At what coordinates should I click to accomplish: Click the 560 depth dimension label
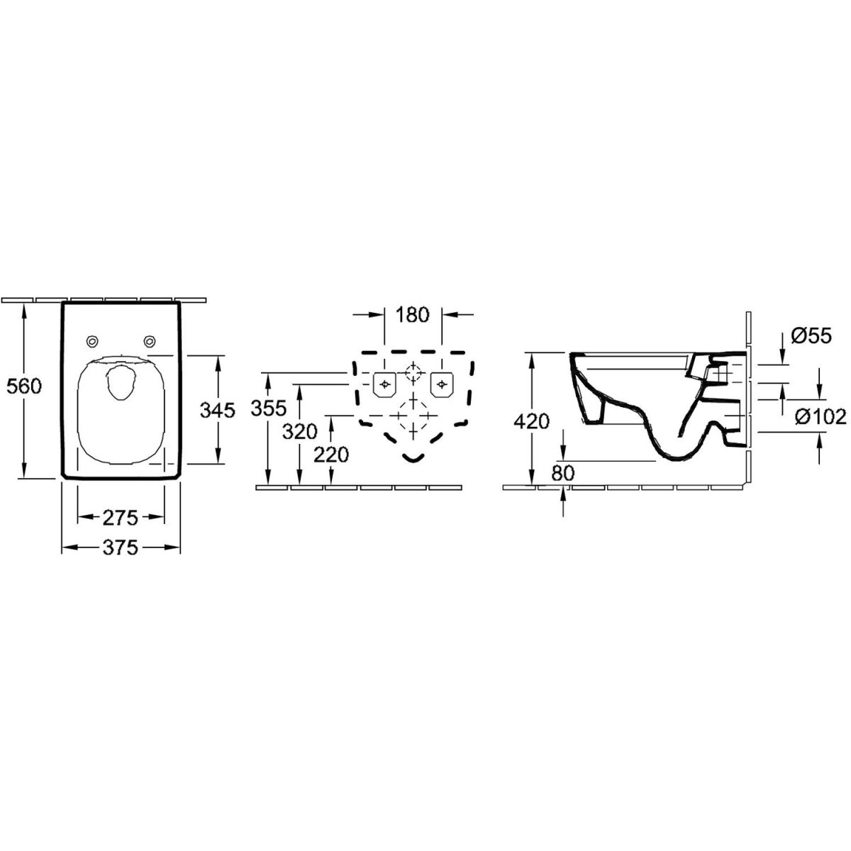[x=24, y=386]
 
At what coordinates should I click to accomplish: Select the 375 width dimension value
[x=121, y=548]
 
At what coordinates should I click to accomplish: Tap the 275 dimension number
[x=121, y=518]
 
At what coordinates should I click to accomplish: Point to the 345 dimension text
[x=217, y=411]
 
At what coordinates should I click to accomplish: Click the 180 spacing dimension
[x=412, y=315]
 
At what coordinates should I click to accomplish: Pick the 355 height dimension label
[x=269, y=408]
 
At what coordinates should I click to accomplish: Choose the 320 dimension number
[x=300, y=431]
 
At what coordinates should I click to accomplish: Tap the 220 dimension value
[x=331, y=455]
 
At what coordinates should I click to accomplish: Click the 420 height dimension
[x=531, y=421]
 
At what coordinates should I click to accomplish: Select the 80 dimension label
[x=562, y=473]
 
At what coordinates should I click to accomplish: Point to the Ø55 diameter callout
[x=811, y=336]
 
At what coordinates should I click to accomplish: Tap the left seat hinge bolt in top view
[x=92, y=340]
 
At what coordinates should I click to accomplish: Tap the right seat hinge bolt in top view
[x=149, y=340]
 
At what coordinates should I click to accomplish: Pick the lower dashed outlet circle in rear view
[x=413, y=416]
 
